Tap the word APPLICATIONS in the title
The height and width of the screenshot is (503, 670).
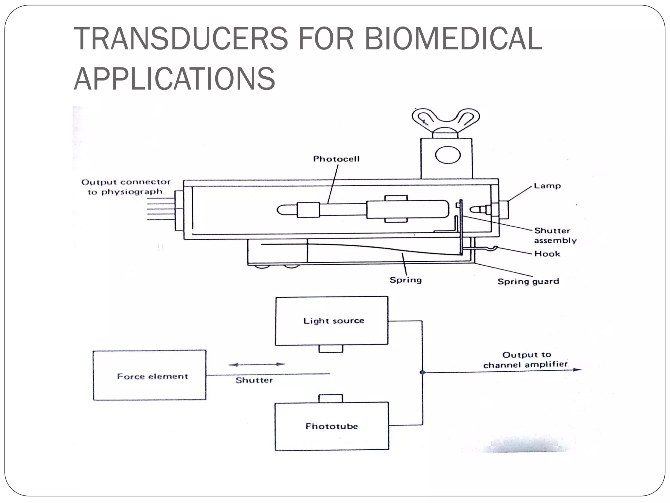click(x=174, y=79)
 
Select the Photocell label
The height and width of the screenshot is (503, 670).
click(x=336, y=159)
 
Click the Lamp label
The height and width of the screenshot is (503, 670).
click(x=547, y=186)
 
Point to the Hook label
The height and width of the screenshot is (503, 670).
click(x=547, y=254)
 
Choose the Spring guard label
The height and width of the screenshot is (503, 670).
click(x=528, y=282)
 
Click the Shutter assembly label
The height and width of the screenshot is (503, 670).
click(x=555, y=235)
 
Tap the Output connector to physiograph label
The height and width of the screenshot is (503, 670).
click(x=126, y=187)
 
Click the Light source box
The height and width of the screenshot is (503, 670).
click(x=331, y=321)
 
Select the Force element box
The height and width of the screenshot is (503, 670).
click(x=150, y=375)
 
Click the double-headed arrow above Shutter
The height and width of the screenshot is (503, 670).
click(x=257, y=364)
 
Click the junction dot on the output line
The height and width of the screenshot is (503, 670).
click(x=422, y=372)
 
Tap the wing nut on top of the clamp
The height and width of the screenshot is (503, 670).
click(x=446, y=121)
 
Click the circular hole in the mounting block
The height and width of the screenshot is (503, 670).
click(x=448, y=155)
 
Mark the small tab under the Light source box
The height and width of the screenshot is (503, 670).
click(x=331, y=349)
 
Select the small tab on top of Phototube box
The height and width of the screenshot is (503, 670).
click(x=331, y=399)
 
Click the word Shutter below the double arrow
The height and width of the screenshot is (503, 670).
click(x=254, y=381)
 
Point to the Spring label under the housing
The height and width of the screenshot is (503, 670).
click(x=406, y=280)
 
